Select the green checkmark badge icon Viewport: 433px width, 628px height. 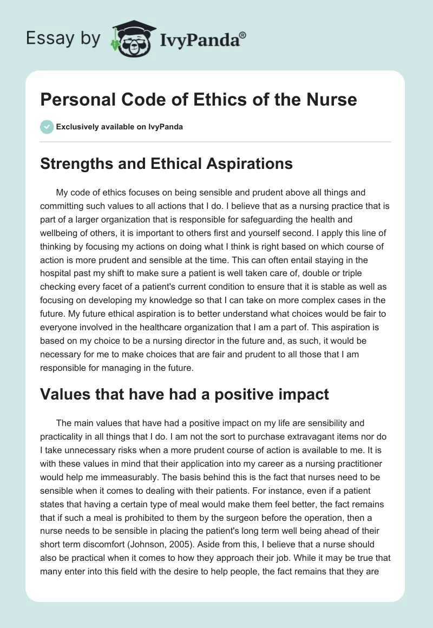(x=46, y=127)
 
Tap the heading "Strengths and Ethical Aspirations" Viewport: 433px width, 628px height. (x=166, y=163)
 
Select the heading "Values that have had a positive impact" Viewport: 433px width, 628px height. (x=184, y=394)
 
